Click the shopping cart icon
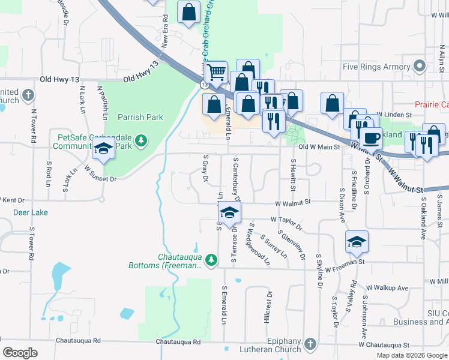[x=216, y=73]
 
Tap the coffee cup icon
[x=371, y=138]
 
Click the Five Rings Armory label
[x=375, y=67]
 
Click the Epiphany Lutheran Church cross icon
[x=310, y=344]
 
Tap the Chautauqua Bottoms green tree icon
[x=211, y=260]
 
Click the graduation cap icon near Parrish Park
[x=104, y=149]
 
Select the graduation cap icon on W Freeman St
[x=357, y=241]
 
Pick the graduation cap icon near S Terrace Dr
[x=229, y=212]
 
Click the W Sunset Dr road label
[x=100, y=174]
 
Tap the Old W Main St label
[x=319, y=146]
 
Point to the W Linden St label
[x=394, y=114]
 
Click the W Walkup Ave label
[x=387, y=288]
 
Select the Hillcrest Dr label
[x=268, y=308]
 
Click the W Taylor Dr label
[x=286, y=223]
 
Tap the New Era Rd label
[x=164, y=29]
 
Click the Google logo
[x=20, y=353]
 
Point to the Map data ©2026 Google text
[x=411, y=355]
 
